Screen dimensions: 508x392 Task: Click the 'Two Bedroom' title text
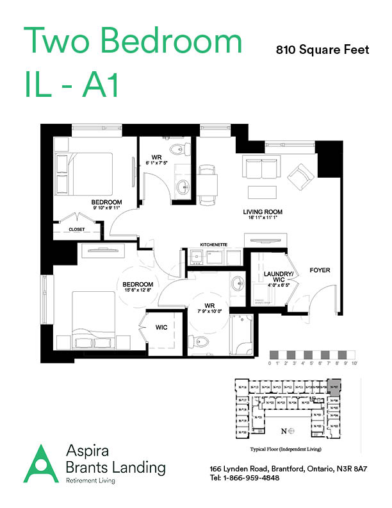tap(133, 43)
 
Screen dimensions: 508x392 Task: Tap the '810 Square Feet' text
tap(322, 50)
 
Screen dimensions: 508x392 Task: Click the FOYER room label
tap(320, 270)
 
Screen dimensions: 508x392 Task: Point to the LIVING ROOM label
tap(263, 212)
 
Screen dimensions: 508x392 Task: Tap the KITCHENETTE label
tap(214, 244)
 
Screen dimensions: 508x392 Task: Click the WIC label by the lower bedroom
tap(161, 327)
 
